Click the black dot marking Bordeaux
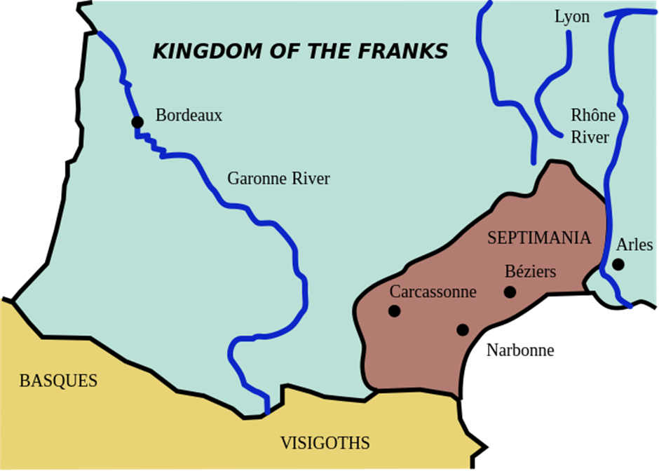pos(137,123)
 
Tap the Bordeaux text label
pos(189,116)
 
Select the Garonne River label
pos(278,179)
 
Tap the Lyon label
pos(572,17)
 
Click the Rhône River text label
pos(592,126)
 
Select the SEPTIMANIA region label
pos(539,238)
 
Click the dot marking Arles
pos(618,264)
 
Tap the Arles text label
pos(634,245)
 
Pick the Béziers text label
pos(531,271)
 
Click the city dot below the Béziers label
pos(510,292)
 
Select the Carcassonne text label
pos(433,292)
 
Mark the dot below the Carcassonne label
pos(395,310)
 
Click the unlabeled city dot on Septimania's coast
pos(462,329)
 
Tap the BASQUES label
pos(58,381)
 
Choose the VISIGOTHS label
pos(325,443)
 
